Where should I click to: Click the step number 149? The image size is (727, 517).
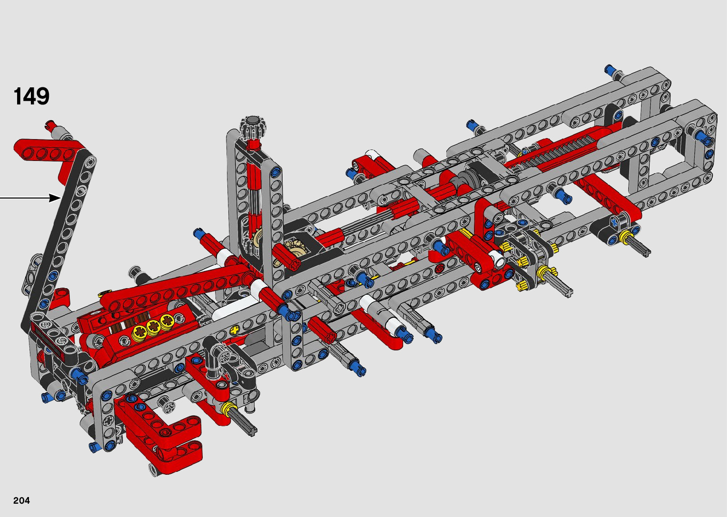pos(31,96)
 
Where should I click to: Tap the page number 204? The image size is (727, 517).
pos(21,500)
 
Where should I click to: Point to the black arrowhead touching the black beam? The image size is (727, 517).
pos(55,197)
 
